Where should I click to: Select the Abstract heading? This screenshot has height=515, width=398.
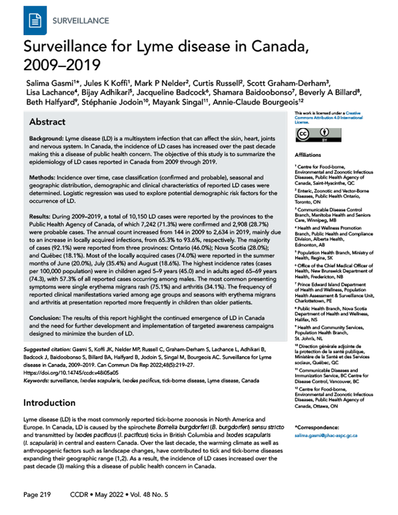click(x=47, y=123)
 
